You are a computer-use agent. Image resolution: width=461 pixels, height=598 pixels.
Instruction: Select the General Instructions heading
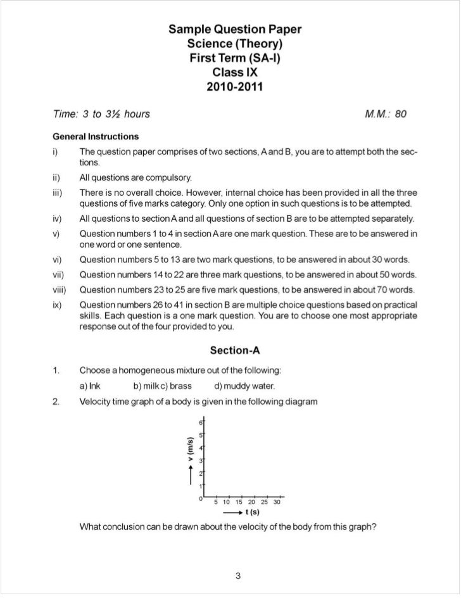pos(96,136)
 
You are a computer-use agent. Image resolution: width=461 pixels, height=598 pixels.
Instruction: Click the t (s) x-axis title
pos(252,512)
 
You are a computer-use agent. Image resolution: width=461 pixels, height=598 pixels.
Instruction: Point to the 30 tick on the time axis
pos(277,502)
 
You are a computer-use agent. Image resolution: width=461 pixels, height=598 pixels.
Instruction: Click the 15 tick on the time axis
pos(240,502)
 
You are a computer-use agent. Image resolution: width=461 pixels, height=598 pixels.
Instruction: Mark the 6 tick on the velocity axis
pos(201,423)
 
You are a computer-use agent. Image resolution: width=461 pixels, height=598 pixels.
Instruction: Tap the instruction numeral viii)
pos(61,290)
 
